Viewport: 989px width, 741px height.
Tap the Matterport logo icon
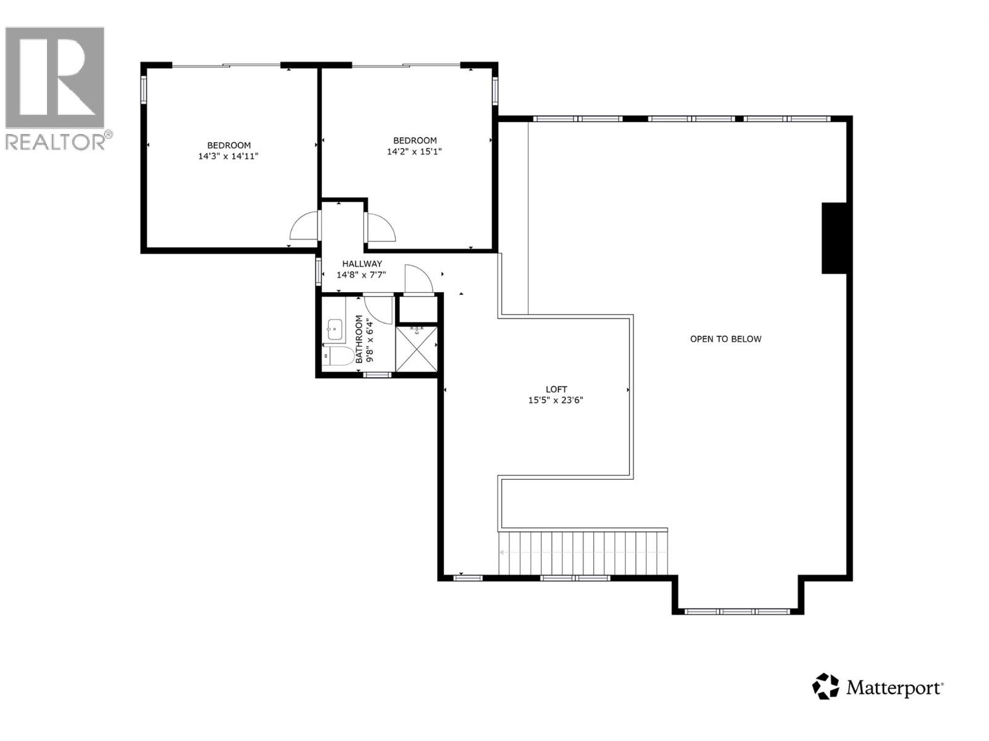[825, 687]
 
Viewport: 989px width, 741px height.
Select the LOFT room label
[556, 389]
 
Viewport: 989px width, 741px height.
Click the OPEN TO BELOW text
[726, 339]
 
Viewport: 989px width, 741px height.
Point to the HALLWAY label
[362, 264]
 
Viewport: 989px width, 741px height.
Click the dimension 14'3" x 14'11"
[228, 156]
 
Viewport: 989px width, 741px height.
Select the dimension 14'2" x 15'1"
[415, 151]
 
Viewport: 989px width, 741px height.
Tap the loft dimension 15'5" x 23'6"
[556, 400]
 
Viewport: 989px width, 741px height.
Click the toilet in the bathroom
[337, 356]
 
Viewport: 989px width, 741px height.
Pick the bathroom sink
[334, 330]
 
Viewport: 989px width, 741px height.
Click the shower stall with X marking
[417, 349]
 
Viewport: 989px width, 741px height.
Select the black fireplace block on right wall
[833, 238]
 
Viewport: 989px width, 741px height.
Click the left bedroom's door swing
[305, 227]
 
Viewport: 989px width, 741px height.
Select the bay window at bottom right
[738, 611]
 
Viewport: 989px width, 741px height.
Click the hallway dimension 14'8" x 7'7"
[362, 275]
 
